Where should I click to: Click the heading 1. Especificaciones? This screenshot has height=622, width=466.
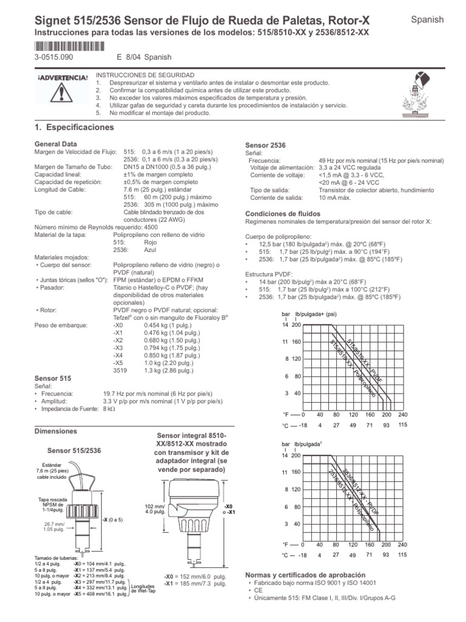76,128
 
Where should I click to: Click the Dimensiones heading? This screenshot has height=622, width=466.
56,431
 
